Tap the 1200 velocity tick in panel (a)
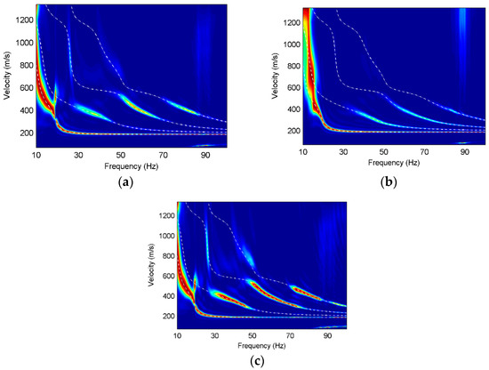pyautogui.click(x=20, y=19)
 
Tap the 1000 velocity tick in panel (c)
pyautogui.click(x=163, y=236)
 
